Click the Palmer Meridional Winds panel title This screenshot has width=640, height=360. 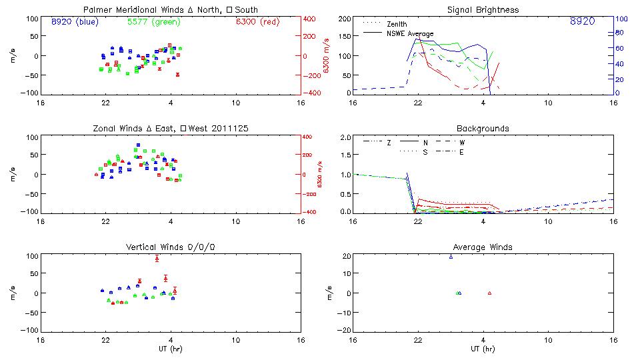(171, 10)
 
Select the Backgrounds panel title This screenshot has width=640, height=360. (483, 128)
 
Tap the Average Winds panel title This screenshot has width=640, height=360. (483, 247)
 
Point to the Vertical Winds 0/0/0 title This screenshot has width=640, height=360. (171, 247)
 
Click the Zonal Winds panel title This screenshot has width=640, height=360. (171, 128)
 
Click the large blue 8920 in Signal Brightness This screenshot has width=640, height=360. (582, 22)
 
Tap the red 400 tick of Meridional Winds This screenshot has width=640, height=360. (311, 19)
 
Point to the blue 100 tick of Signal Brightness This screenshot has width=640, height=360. (619, 19)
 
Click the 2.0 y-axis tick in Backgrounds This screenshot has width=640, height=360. (345, 137)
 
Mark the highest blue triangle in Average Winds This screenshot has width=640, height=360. (451, 256)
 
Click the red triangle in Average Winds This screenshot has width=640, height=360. (489, 293)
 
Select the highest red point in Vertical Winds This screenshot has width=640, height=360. (157, 258)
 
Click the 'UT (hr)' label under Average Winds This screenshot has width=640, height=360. (483, 349)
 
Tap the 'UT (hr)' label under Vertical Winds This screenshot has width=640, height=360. (171, 349)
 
